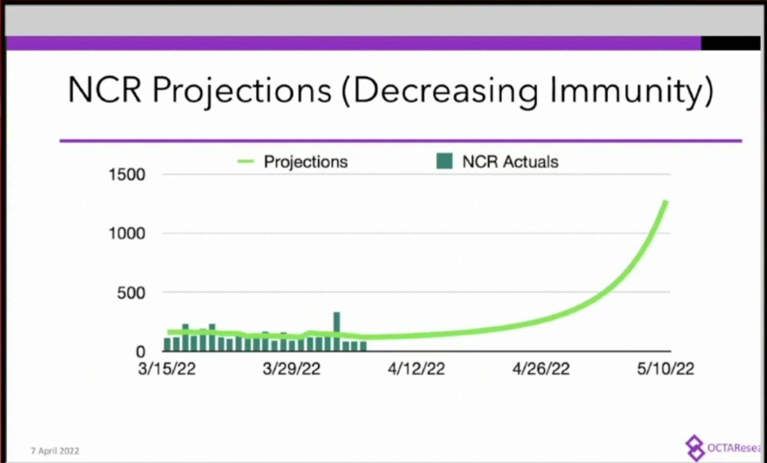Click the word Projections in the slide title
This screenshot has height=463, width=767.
241,90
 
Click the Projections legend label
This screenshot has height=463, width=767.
306,162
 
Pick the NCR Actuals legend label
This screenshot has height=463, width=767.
510,162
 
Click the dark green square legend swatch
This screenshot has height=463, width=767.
444,161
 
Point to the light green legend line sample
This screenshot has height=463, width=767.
245,161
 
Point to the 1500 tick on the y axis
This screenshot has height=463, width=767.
127,174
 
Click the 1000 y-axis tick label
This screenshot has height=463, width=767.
127,233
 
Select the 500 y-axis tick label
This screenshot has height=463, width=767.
131,293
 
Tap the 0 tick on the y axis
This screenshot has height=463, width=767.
141,351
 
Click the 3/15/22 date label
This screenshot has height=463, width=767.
167,368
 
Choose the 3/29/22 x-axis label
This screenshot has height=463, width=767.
291,368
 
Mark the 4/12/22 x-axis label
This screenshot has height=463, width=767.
416,368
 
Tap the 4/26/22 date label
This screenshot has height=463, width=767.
541,368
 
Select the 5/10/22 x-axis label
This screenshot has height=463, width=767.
666,368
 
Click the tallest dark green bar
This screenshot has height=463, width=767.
336,331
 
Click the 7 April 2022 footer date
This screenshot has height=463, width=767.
55,451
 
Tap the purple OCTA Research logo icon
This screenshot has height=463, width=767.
695,447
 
